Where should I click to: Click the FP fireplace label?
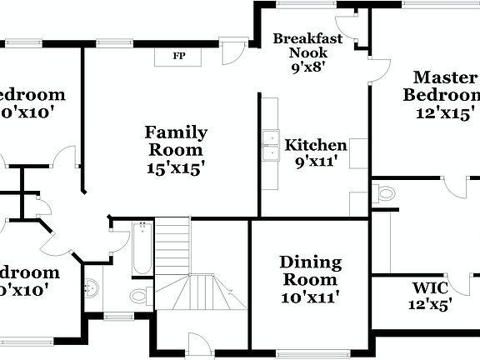coord(178,56)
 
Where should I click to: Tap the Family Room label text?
coord(176,141)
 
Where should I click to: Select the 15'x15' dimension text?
coord(176,167)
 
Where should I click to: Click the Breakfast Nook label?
coord(307,46)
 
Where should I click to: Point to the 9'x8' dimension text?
coord(307,68)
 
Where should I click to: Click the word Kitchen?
coord(316,145)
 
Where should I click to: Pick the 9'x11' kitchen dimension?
coord(316,162)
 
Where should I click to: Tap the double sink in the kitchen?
coord(270,145)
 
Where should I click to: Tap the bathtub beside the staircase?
coord(142,248)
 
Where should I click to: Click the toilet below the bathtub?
coord(139,294)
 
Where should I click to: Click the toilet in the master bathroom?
coord(384,193)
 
